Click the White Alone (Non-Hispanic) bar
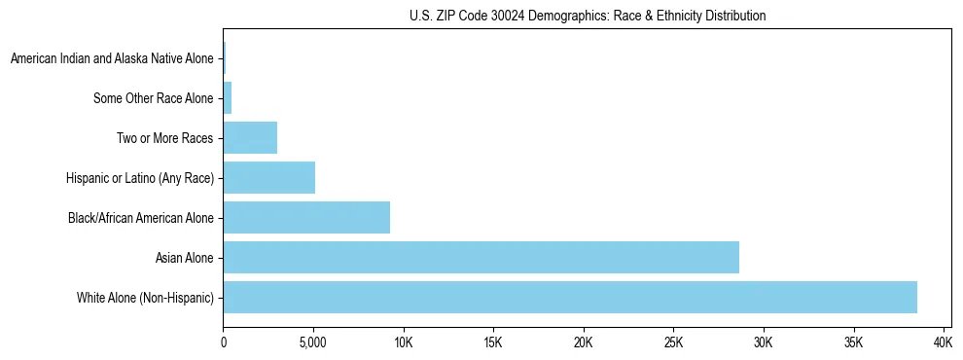pos(570,297)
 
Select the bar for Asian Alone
pos(481,257)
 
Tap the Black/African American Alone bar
pos(306,217)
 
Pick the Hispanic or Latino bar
pos(269,178)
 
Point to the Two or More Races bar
pos(250,138)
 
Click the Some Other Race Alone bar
pos(228,98)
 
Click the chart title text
pos(588,16)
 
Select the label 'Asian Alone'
pos(184,258)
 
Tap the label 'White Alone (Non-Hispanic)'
pos(145,297)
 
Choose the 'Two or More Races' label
pos(164,138)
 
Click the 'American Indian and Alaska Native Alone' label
pos(112,59)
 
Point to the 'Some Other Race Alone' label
pos(153,98)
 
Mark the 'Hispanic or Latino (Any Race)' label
pos(139,178)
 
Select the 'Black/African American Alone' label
pos(140,218)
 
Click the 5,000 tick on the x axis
pos(313,342)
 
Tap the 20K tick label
pos(584,342)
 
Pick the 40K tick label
pos(944,342)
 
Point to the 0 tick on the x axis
pos(224,342)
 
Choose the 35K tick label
pos(853,342)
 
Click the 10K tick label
pos(404,342)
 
